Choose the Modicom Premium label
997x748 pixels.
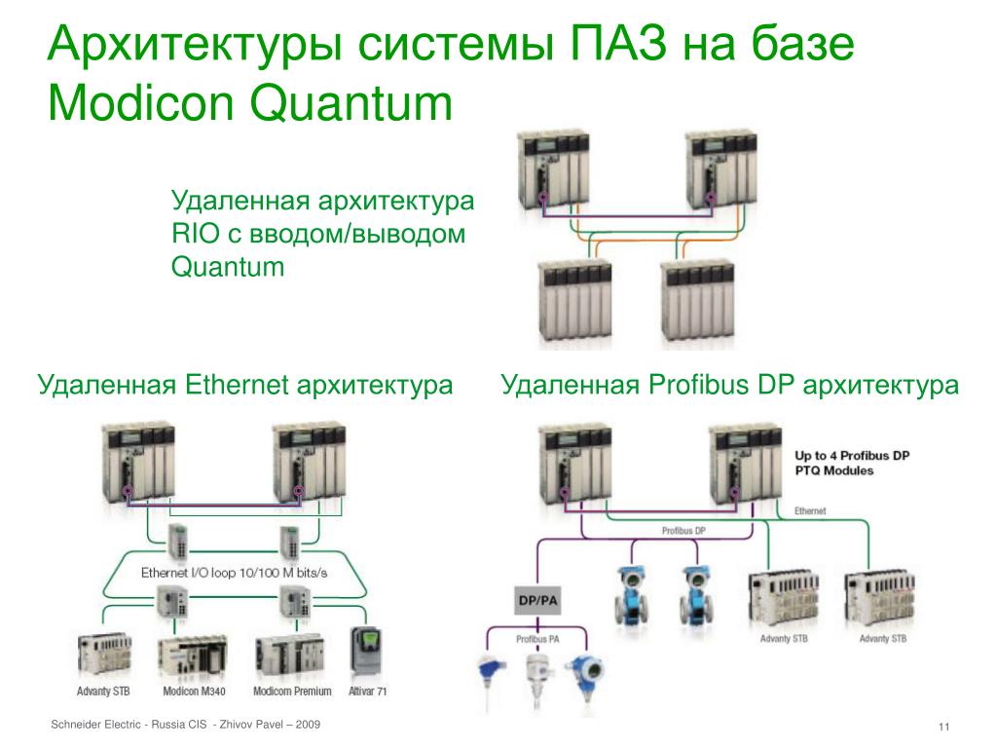(x=292, y=692)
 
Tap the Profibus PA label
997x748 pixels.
(x=536, y=639)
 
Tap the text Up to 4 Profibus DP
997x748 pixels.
(x=852, y=455)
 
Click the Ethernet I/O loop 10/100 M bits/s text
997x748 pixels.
(x=234, y=573)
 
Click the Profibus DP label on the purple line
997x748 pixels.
(x=683, y=531)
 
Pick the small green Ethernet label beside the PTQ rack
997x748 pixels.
(x=810, y=510)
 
